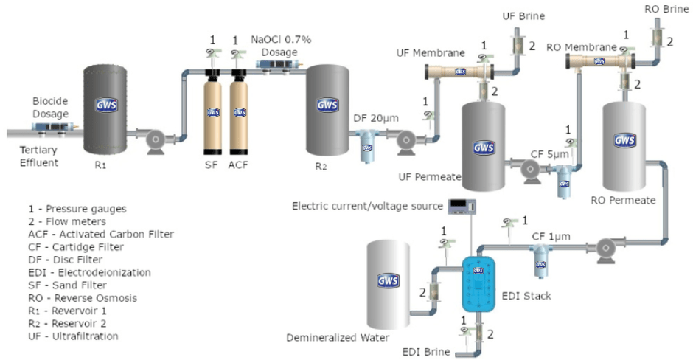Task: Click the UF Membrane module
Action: tap(460, 72)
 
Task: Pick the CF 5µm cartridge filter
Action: tap(564, 177)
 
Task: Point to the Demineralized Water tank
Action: tap(389, 284)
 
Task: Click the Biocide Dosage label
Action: tap(50, 107)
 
